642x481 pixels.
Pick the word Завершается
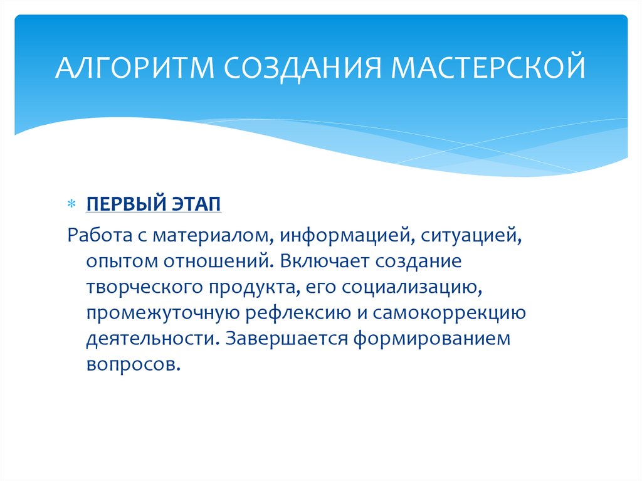(x=287, y=339)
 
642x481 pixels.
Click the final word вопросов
(x=134, y=365)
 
